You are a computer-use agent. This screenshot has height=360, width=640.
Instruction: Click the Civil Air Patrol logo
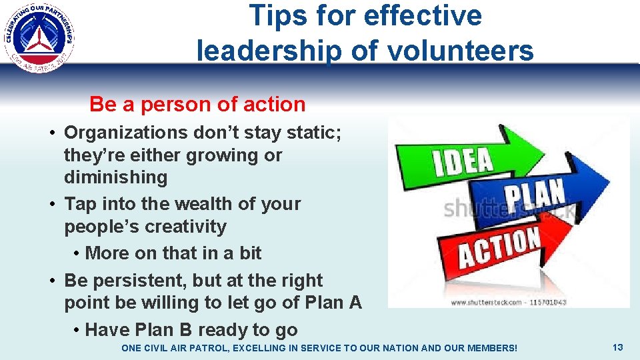[x=40, y=36]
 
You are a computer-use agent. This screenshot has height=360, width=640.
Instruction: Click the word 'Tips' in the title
[x=274, y=15]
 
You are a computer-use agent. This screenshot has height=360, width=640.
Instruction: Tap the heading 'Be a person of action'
[x=197, y=105]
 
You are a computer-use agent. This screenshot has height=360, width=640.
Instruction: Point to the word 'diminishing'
[x=115, y=177]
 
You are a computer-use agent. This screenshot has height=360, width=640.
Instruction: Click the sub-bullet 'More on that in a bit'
[x=173, y=253]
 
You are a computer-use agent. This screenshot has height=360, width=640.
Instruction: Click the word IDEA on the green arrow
[x=463, y=160]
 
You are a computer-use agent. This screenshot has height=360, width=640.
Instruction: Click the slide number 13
[x=617, y=347]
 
